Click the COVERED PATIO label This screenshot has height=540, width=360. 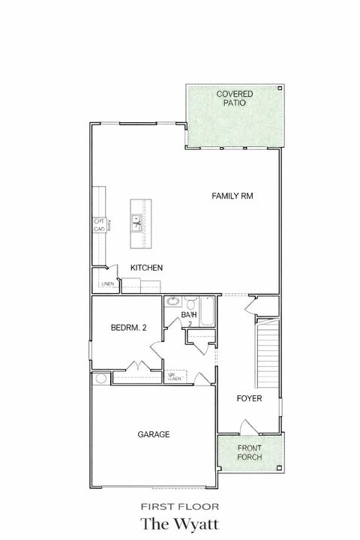click(x=234, y=98)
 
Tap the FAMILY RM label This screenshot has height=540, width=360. click(x=232, y=196)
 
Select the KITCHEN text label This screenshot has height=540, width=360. click(x=147, y=268)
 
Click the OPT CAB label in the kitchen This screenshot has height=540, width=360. click(x=99, y=225)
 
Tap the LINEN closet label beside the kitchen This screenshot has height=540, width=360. click(x=107, y=284)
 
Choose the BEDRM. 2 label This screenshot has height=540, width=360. click(x=127, y=328)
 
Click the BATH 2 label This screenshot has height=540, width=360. click(x=189, y=319)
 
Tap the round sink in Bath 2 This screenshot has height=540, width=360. click(x=172, y=301)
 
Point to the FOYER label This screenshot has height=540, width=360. click(x=248, y=398)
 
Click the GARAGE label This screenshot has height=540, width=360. click(x=153, y=434)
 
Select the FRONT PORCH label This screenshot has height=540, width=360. click(x=250, y=453)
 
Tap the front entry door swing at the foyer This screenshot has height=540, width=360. click(x=247, y=427)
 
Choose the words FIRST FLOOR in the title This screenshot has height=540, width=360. click(x=179, y=505)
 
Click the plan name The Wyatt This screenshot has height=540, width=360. click(x=179, y=522)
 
